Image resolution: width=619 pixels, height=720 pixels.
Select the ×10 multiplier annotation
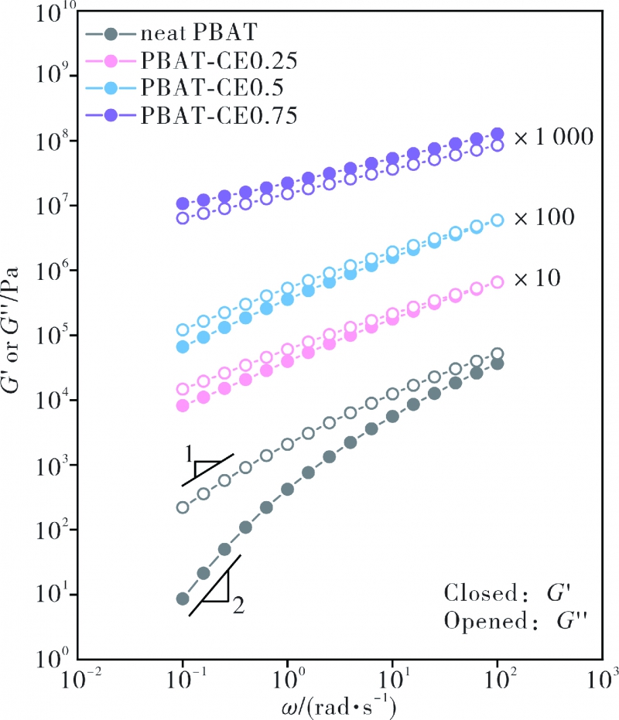pos(539,278)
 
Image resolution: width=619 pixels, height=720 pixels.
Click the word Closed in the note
pos(472,595)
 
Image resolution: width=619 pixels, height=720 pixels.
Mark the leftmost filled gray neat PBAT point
pos(183,599)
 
